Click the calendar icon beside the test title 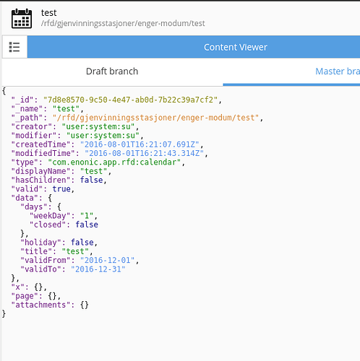(x=22, y=19)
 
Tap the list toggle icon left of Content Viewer (x=14, y=47)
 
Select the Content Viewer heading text (x=236, y=47)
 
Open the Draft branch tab (x=112, y=71)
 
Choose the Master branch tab (x=338, y=71)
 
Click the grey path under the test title (x=123, y=23)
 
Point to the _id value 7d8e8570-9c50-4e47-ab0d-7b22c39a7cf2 (x=131, y=100)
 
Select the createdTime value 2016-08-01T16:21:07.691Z (x=140, y=144)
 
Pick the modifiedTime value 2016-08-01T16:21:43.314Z (x=145, y=153)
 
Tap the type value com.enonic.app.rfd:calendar (x=114, y=162)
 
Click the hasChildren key (x=39, y=180)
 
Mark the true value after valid (x=61, y=189)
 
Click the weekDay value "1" (x=87, y=216)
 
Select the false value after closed (x=87, y=225)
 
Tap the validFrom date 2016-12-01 (x=108, y=260)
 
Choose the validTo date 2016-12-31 (x=98, y=269)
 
